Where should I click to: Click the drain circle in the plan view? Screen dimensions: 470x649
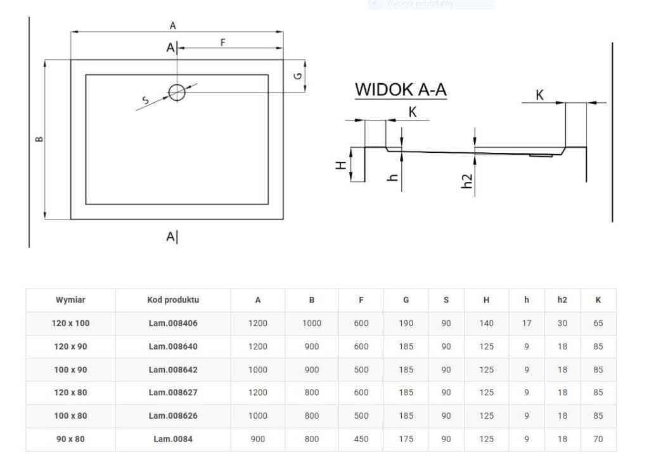[177, 93]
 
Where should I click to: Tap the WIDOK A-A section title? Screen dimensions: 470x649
[401, 89]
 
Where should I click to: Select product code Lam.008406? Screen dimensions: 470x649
[173, 323]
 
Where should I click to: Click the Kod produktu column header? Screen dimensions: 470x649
[173, 300]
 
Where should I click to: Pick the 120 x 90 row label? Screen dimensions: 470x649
[70, 346]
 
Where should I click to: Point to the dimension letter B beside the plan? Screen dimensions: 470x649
[39, 139]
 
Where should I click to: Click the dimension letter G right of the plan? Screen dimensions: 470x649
[297, 75]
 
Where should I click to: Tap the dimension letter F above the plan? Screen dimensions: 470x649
[222, 42]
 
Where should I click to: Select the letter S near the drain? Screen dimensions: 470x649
[145, 100]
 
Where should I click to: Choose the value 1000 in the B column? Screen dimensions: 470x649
[311, 323]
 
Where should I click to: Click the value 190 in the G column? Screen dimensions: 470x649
[406, 323]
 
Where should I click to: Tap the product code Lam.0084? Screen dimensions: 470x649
[173, 439]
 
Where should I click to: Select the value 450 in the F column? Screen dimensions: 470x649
[361, 439]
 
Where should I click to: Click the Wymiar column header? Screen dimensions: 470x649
[70, 300]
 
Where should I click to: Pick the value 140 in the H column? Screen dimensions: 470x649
[486, 323]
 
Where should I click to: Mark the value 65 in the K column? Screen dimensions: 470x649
[598, 323]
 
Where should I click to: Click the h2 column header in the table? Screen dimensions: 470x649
[562, 300]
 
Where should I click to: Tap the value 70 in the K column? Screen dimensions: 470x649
[598, 439]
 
